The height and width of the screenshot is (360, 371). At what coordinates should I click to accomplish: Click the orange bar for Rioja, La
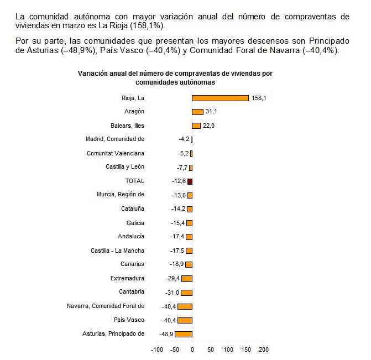click(x=220, y=98)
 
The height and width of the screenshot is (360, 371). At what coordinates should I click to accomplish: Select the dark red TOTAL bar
click(x=190, y=181)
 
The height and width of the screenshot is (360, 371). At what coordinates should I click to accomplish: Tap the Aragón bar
click(x=197, y=112)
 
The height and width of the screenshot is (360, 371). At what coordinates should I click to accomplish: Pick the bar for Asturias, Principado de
click(x=184, y=334)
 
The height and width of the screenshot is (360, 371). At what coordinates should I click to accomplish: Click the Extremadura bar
click(x=187, y=279)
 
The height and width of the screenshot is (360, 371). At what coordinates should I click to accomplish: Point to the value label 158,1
click(x=259, y=98)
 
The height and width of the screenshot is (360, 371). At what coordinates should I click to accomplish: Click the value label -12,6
click(x=179, y=181)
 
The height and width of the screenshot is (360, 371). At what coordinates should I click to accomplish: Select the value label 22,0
click(x=208, y=126)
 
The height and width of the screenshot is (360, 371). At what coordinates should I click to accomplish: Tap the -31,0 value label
click(x=173, y=293)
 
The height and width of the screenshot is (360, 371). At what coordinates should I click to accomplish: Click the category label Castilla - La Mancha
click(x=117, y=251)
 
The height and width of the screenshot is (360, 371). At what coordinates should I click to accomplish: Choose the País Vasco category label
click(x=129, y=320)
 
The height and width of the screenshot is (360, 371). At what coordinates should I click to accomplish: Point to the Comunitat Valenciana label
click(x=116, y=153)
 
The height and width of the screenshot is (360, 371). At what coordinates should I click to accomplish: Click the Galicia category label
click(x=135, y=223)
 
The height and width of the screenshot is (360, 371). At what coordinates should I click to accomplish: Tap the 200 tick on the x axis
click(x=264, y=349)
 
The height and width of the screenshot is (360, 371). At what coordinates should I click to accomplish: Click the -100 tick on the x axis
click(x=157, y=349)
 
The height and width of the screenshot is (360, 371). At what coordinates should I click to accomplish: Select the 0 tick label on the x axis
click(x=192, y=349)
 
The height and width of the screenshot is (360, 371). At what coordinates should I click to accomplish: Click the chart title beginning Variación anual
click(x=175, y=78)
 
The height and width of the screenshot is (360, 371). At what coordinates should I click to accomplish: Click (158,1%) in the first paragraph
click(x=147, y=25)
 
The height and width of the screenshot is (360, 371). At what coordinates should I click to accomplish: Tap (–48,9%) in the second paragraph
click(x=79, y=50)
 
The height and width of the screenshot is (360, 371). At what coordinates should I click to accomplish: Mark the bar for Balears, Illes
click(x=196, y=126)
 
